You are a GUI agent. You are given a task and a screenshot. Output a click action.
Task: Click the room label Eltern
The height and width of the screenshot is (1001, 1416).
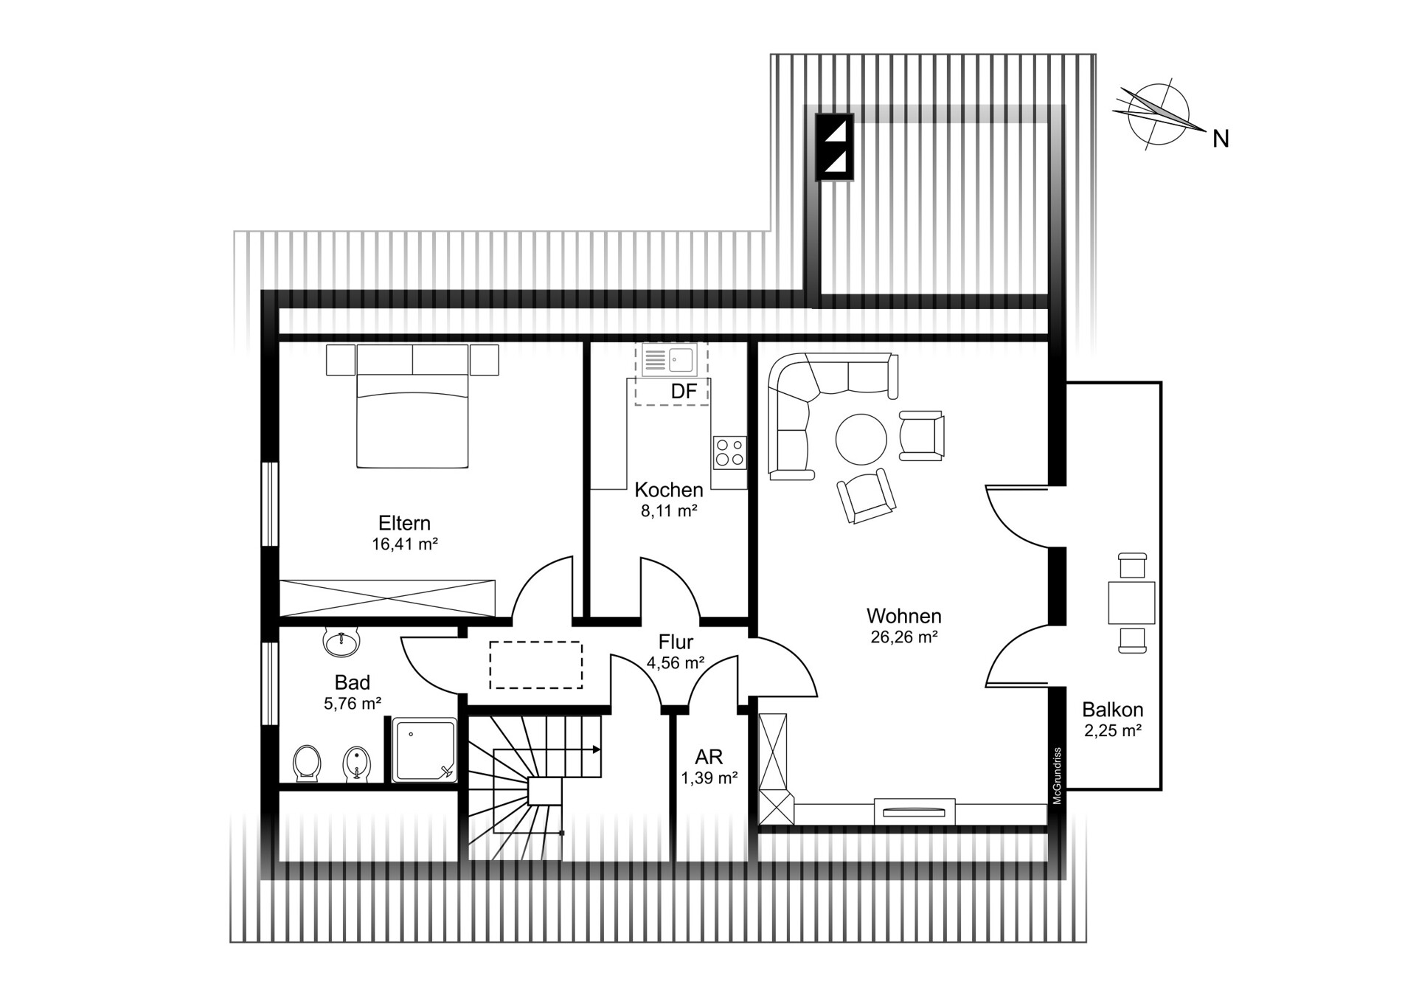(404, 523)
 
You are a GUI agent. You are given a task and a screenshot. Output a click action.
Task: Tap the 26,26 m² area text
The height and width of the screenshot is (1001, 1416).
(904, 637)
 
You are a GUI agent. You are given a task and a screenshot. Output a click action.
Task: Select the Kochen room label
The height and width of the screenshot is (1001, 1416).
(669, 490)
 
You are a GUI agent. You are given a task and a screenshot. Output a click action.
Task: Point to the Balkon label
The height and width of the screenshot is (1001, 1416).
(1113, 710)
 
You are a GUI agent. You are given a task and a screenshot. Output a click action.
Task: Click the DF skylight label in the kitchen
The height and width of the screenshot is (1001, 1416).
(684, 392)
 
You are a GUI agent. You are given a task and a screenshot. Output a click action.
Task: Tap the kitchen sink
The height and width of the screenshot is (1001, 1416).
(669, 360)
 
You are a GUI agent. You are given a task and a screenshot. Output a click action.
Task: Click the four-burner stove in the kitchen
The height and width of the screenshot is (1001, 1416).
(729, 452)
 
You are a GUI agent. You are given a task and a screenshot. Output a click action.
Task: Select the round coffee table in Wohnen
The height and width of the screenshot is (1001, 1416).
(861, 439)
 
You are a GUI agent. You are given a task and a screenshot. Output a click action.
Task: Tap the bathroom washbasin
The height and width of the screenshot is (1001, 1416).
(341, 642)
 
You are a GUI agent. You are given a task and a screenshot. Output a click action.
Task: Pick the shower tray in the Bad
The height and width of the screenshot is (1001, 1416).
(424, 750)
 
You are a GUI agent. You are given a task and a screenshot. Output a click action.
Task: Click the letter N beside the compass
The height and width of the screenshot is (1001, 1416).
(1221, 139)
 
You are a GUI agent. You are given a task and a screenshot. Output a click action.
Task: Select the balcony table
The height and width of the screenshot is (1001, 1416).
(1131, 603)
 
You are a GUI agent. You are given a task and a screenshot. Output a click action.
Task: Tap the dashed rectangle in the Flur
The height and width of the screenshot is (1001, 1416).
(536, 665)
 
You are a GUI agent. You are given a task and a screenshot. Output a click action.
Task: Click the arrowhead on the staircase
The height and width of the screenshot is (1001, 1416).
(596, 749)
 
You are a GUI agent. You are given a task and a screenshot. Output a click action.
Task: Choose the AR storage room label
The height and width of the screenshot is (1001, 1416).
(709, 757)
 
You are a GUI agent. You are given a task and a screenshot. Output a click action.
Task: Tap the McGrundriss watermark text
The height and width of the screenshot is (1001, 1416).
(1057, 776)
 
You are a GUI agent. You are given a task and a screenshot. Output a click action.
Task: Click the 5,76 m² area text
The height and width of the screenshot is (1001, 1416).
(353, 704)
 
